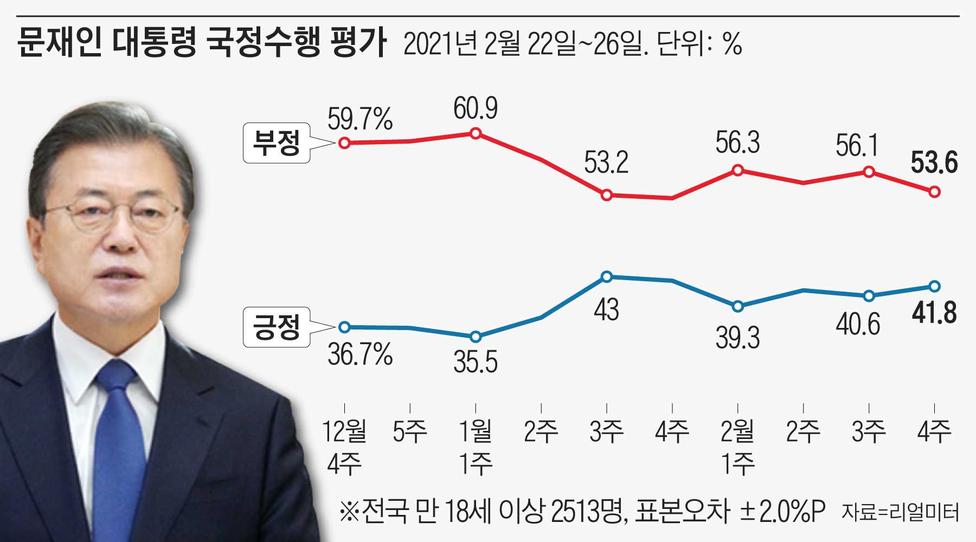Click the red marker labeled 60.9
coord(476,133)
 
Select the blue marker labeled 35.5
coord(476,337)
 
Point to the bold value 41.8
coord(934,313)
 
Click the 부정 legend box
coord(277,143)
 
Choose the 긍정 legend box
coord(277,327)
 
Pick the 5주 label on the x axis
coord(410,431)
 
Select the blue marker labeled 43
coord(607,277)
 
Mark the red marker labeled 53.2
coord(607,195)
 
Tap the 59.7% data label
coord(360,119)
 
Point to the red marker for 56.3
coord(738,170)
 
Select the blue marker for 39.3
coord(738,306)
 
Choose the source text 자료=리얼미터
coord(900,512)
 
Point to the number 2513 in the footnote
coord(575,511)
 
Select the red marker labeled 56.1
coord(869,172)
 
